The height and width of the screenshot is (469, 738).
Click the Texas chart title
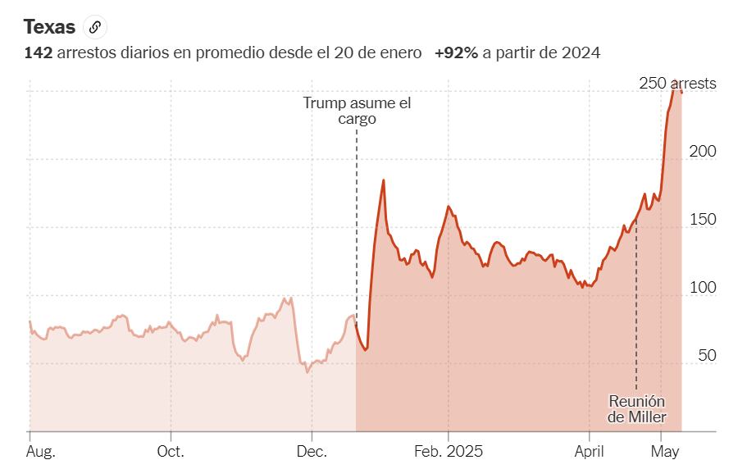click(x=49, y=27)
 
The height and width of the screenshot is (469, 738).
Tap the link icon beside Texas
click(x=95, y=27)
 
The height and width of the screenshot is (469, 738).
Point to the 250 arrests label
click(x=677, y=84)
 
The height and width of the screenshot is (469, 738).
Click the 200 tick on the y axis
click(x=702, y=152)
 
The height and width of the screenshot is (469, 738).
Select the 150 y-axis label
click(x=702, y=220)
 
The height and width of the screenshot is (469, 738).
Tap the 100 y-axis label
click(x=702, y=288)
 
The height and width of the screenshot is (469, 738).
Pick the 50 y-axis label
click(x=706, y=356)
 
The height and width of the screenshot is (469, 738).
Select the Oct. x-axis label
click(x=171, y=452)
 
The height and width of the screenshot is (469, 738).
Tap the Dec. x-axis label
click(x=312, y=452)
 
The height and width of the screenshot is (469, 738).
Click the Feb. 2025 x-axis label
click(x=449, y=452)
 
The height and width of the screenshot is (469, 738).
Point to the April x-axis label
click(x=590, y=452)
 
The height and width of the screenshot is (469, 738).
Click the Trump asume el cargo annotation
click(x=357, y=111)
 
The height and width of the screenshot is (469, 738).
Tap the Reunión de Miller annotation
click(x=636, y=409)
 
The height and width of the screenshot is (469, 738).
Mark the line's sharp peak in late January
click(x=383, y=180)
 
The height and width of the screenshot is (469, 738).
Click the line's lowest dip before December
click(x=307, y=371)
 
